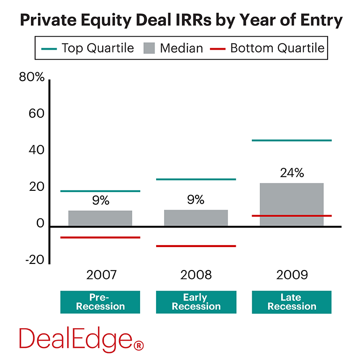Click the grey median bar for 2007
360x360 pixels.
point(100,218)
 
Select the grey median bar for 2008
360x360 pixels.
point(196,218)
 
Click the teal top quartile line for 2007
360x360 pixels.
point(100,191)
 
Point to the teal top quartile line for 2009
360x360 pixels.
point(291,141)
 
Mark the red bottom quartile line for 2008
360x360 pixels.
point(196,246)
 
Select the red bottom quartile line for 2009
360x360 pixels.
point(291,216)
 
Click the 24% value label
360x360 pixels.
point(292,173)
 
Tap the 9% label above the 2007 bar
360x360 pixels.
point(100,201)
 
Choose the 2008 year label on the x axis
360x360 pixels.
point(196,275)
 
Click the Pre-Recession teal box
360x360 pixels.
point(100,302)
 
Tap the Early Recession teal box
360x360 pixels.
point(196,302)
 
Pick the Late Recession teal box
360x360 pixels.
point(292,302)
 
